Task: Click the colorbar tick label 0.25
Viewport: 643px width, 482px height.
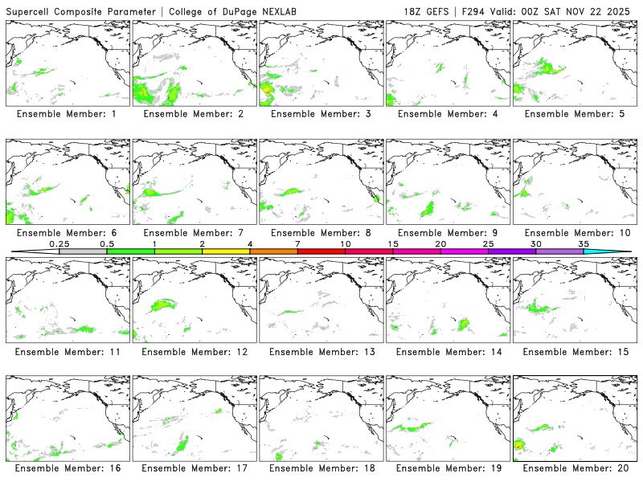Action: point(59,243)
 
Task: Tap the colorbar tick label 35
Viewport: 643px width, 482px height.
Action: point(584,243)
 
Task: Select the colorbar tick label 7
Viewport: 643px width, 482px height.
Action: point(297,243)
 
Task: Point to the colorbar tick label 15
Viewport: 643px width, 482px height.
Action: point(393,243)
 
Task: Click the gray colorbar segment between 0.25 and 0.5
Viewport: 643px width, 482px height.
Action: point(83,251)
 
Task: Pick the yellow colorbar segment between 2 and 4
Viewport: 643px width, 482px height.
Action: point(226,251)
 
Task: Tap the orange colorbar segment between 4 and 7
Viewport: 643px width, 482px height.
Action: point(273,251)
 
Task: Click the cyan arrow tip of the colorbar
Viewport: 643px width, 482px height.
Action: point(619,251)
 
